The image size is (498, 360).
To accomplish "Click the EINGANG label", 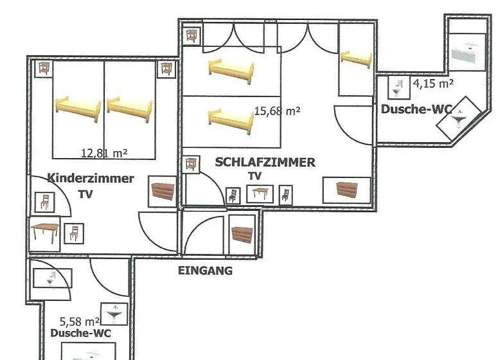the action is tap(205, 271).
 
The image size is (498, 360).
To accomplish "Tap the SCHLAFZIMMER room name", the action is tap(265, 163).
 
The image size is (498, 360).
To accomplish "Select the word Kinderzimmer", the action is tap(91, 178).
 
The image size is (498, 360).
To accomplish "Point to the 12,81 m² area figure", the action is tap(105, 154).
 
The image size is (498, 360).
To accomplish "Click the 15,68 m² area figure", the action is tap(277, 111).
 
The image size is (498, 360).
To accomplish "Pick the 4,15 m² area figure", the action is tap(433, 83).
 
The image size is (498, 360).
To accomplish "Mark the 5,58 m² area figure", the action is tap(80, 321).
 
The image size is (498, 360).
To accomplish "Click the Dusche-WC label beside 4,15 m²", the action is tap(416, 109).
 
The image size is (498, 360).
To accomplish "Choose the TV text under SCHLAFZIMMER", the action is tap(254, 176).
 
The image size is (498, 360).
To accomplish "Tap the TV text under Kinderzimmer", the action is tap(85, 194).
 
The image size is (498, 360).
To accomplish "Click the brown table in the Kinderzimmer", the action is tap(45, 232).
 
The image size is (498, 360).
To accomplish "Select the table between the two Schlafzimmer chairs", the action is tap(260, 194).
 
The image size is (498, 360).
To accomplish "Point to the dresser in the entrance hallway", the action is tap(242, 235).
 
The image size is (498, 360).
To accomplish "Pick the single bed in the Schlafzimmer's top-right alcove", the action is tap(356, 59).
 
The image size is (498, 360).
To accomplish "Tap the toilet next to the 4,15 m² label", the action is tap(398, 87).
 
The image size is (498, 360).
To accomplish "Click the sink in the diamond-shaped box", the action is tap(459, 119).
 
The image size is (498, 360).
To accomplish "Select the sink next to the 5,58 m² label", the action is tap(114, 314).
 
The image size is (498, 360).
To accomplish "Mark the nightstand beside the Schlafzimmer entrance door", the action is tap(191, 165).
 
